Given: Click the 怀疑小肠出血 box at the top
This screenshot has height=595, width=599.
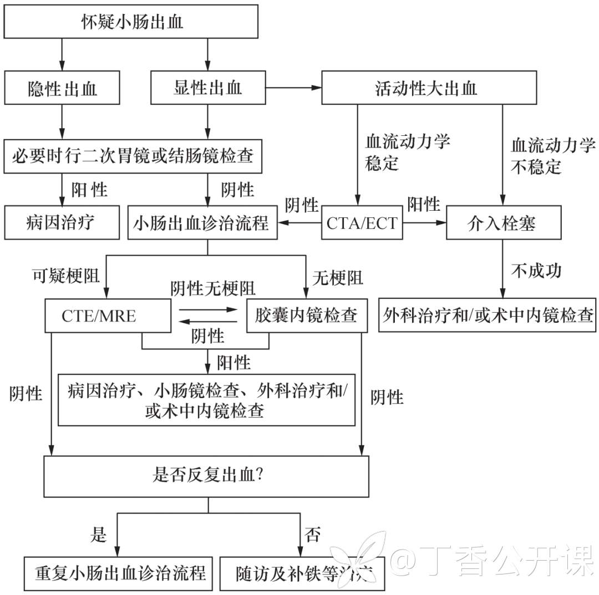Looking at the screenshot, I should (x=131, y=22).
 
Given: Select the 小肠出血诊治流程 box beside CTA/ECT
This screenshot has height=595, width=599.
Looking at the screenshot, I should (x=202, y=223).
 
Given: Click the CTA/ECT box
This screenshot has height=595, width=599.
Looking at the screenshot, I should (x=362, y=223).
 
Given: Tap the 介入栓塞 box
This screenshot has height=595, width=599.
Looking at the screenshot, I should (x=503, y=223).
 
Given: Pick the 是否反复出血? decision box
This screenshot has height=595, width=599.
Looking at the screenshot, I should (x=207, y=476).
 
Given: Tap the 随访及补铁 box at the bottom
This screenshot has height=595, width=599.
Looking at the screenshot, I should (x=302, y=572).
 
